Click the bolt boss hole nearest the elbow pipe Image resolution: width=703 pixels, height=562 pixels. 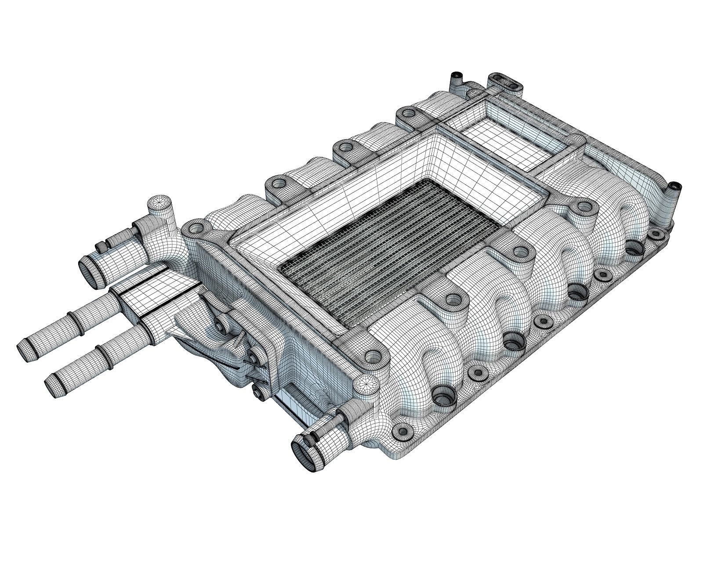[195, 228]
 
